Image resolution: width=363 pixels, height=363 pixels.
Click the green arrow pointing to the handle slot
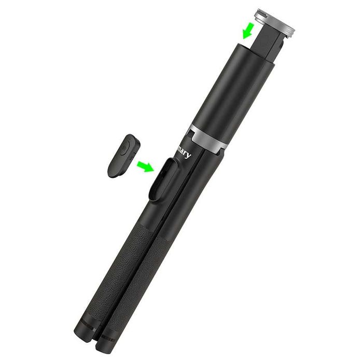(x=146, y=166)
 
